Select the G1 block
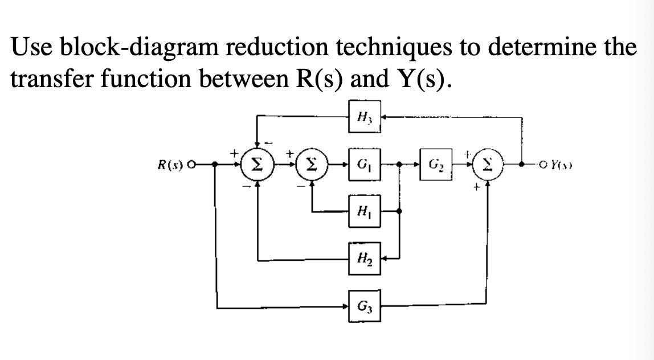[365, 165]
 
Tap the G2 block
[435, 164]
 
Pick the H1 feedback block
[365, 211]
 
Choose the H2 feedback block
[365, 259]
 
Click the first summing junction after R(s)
[257, 165]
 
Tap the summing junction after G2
[489, 165]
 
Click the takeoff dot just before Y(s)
[522, 165]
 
